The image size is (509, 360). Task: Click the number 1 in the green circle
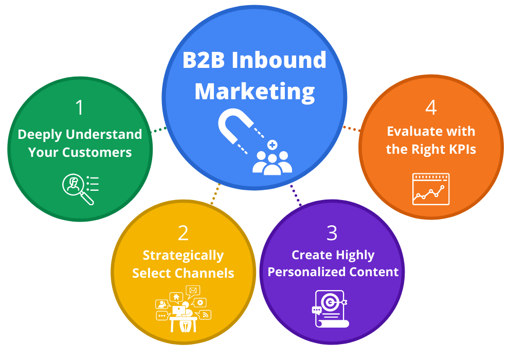coord(79,108)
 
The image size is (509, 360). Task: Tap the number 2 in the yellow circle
coord(183,233)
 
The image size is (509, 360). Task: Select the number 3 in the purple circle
coord(332,233)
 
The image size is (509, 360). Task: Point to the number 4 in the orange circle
coord(431,108)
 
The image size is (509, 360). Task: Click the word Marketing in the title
coord(254,92)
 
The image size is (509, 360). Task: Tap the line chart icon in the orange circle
coord(431,189)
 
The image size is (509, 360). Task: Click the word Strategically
coord(183,256)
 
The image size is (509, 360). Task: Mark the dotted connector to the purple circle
coord(296,195)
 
